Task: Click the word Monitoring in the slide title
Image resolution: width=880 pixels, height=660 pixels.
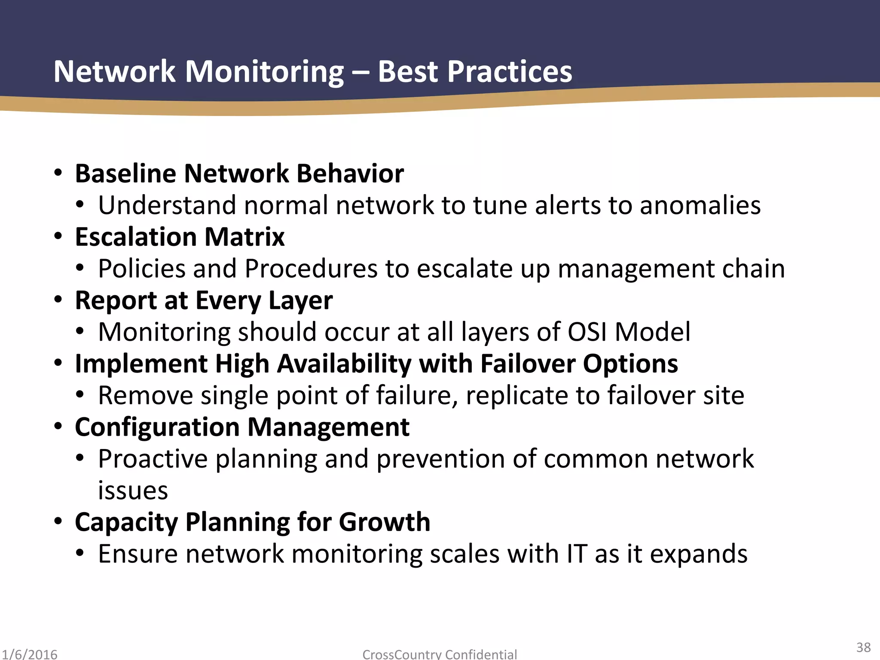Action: tap(264, 71)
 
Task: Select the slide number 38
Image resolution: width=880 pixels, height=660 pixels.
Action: tap(863, 647)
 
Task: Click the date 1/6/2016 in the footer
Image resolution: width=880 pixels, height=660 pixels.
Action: tap(29, 654)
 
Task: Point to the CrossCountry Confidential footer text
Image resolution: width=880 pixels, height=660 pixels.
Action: tap(440, 654)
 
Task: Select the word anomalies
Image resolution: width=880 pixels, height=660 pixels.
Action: tap(700, 205)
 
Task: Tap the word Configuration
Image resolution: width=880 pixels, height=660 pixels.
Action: tap(157, 427)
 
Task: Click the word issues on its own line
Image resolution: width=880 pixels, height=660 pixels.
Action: tap(133, 490)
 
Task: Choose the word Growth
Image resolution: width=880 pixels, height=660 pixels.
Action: tap(384, 522)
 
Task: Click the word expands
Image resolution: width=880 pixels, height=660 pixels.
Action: tap(698, 554)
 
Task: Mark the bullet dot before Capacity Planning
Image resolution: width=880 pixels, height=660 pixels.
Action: tap(58, 522)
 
